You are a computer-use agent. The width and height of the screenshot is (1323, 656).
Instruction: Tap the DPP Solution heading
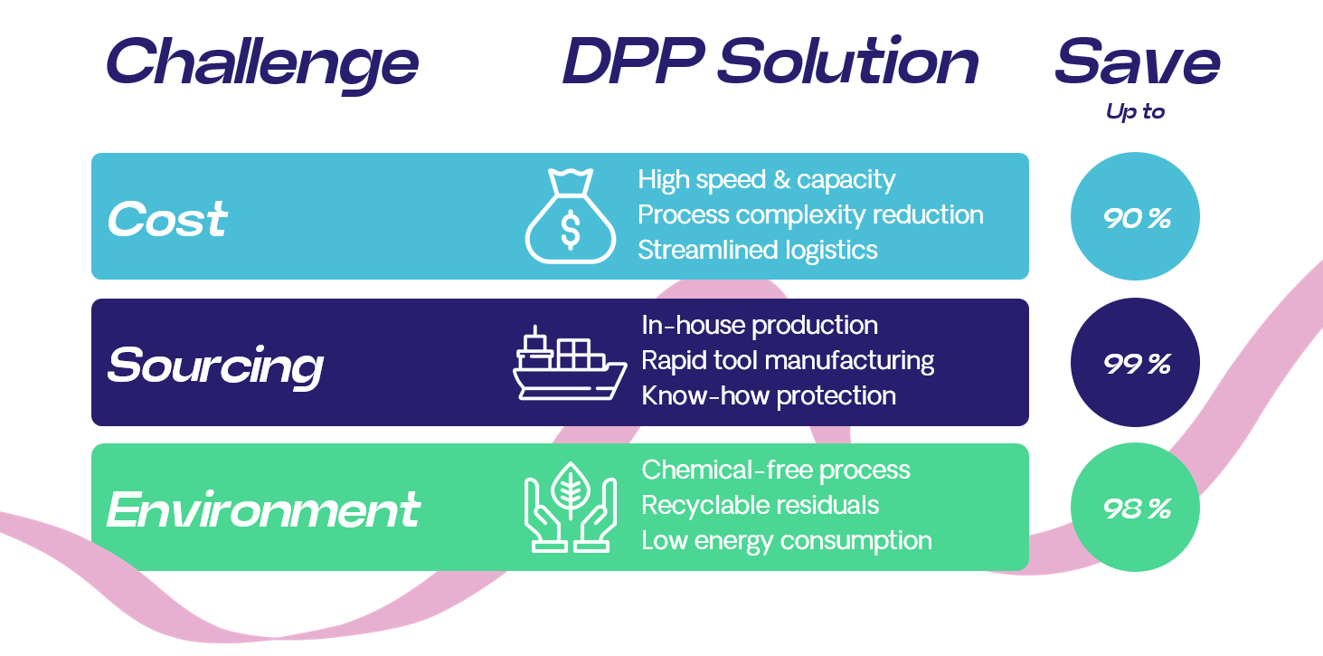(x=770, y=62)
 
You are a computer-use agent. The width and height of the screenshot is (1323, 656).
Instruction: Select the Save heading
(x=1137, y=62)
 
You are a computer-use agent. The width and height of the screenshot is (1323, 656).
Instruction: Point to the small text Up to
(x=1135, y=112)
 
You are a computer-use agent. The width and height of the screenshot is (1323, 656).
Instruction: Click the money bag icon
(x=570, y=217)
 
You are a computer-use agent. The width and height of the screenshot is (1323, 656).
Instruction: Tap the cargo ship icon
(x=570, y=364)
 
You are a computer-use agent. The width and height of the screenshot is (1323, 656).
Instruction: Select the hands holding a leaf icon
(x=570, y=508)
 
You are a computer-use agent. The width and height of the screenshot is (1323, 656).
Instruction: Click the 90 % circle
(x=1135, y=217)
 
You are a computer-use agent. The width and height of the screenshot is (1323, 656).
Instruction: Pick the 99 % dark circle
(x=1135, y=363)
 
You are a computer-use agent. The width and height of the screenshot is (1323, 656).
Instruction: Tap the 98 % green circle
(x=1135, y=508)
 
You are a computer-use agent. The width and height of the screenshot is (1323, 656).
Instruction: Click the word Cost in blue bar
(x=167, y=220)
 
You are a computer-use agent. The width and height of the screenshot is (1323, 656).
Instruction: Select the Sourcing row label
(x=215, y=366)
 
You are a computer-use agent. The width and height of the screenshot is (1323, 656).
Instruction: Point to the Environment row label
(x=263, y=509)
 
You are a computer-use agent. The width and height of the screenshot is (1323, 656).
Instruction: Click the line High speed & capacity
(x=766, y=180)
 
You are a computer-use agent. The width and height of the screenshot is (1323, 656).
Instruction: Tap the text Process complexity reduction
(x=810, y=215)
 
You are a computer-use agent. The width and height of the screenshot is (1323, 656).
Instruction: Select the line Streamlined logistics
(x=758, y=250)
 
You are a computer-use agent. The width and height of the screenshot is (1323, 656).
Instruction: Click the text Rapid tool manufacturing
(x=788, y=361)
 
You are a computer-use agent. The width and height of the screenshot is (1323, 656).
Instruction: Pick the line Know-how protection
(x=769, y=396)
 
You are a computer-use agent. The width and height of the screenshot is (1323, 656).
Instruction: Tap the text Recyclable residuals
(x=760, y=505)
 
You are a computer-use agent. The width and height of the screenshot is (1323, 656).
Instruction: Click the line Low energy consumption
(x=787, y=541)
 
